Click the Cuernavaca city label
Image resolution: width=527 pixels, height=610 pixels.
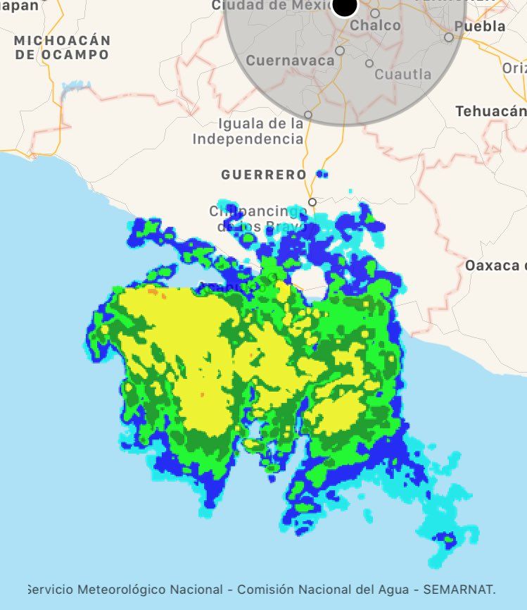tap(290, 61)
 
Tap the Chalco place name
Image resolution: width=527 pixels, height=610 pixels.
tap(375, 25)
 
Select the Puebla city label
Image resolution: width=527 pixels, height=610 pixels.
tap(480, 26)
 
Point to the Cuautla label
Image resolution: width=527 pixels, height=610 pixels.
tap(403, 74)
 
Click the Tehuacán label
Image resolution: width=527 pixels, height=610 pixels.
tap(490, 111)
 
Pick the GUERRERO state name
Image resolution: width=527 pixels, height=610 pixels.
tap(264, 175)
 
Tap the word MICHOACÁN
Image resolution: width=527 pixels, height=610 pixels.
tap(63, 40)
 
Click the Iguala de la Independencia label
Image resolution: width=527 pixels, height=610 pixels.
tap(248, 131)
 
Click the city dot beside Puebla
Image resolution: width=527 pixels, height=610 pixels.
tap(449, 37)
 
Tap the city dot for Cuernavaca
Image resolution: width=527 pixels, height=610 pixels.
tap(340, 51)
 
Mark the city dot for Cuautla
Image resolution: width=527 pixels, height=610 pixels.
tap(369, 63)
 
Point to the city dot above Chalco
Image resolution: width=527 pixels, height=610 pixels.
tap(375, 13)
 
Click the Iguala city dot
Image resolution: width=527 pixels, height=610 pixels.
tap(307, 115)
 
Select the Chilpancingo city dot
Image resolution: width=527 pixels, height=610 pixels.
tap(312, 202)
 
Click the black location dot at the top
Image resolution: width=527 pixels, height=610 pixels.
tap(345, 6)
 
